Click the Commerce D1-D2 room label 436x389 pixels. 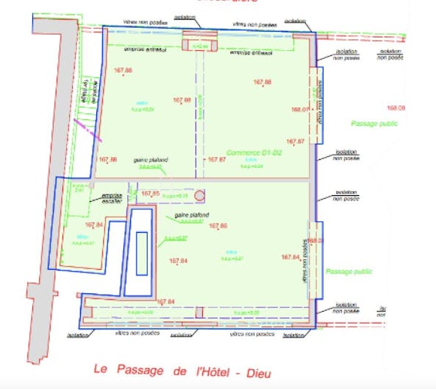tap(254, 153)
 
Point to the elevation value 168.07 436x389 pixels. tap(299, 110)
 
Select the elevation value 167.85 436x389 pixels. tap(150, 194)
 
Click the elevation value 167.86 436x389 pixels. tap(107, 159)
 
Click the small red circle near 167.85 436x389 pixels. tap(201, 196)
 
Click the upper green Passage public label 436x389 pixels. tap(374, 123)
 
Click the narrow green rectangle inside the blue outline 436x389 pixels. tap(141, 253)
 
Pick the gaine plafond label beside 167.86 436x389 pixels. tap(151, 160)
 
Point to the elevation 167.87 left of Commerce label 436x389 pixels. tap(217, 159)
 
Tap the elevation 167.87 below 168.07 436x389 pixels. tap(296, 141)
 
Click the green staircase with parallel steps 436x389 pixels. tap(87, 114)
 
